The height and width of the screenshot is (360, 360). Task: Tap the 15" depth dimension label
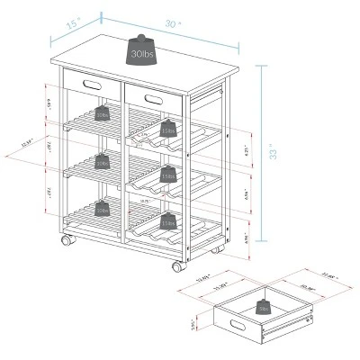click(x=73, y=27)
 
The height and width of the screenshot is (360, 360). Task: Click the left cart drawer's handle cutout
click(x=90, y=83)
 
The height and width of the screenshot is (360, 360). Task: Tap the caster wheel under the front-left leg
click(x=65, y=242)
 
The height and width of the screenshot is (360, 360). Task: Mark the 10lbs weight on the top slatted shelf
click(x=102, y=113)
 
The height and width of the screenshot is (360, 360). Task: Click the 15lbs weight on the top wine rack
click(x=167, y=129)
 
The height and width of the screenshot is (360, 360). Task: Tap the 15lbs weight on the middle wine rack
click(x=167, y=175)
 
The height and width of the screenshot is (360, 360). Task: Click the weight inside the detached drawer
click(x=264, y=305)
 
